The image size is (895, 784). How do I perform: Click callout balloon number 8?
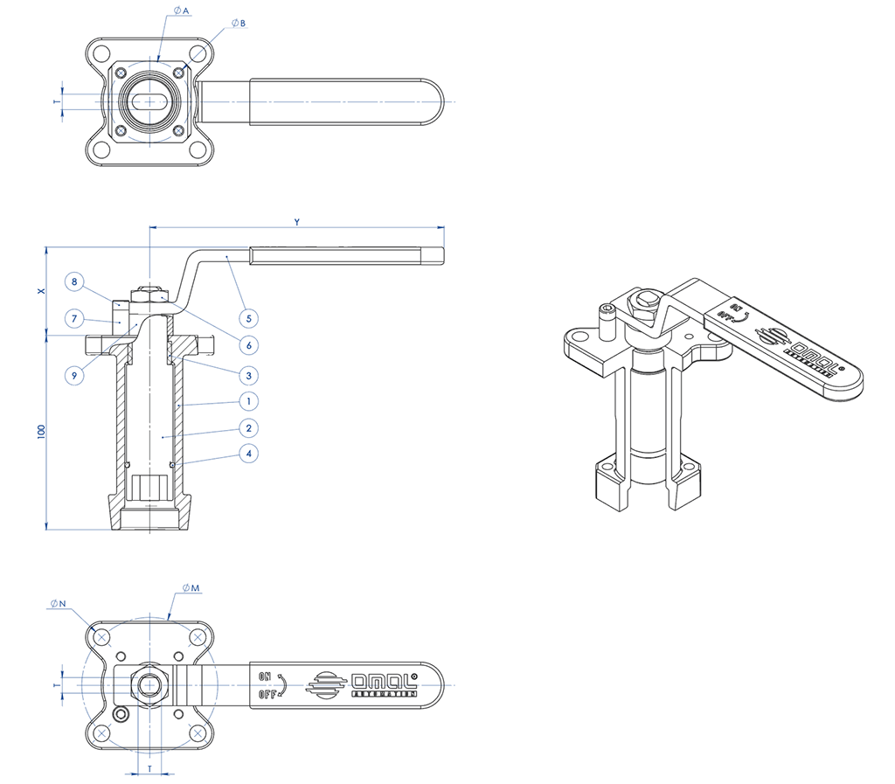pos(75,282)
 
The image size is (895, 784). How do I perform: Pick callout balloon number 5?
pos(249,316)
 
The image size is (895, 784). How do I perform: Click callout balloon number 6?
pos(249,345)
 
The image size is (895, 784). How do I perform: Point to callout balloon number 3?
pos(249,375)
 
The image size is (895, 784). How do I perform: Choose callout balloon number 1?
pos(249,401)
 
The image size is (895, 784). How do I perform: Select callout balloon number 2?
pos(249,428)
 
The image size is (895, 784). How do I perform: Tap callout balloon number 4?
pos(249,454)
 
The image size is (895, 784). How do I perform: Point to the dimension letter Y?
pos(297,222)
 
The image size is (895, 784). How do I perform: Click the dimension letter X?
pos(41,292)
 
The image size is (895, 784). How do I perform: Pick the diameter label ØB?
pos(239,23)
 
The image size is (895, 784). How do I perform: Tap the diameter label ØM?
pos(191,587)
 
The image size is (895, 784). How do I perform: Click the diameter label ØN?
pos(59,604)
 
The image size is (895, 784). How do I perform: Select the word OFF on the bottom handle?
pos(267,695)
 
